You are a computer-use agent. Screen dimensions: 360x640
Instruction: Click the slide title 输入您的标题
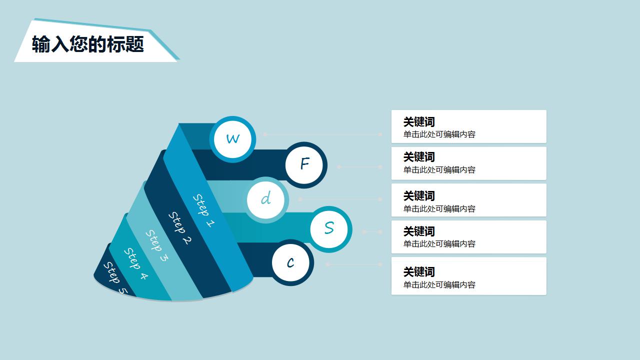tap(88, 44)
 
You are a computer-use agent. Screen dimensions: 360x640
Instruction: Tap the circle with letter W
tap(232, 138)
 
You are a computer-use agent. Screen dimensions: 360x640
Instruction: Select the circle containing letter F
tap(304, 164)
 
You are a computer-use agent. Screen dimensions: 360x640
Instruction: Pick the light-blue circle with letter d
tap(266, 199)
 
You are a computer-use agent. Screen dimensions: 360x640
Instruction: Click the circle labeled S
tap(329, 228)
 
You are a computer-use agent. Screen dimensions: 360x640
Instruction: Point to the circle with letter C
tap(291, 262)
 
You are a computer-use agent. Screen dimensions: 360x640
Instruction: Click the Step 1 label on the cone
tap(204, 210)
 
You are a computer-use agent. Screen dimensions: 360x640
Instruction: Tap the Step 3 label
tap(157, 245)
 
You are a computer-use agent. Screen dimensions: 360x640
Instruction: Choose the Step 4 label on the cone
tap(135, 263)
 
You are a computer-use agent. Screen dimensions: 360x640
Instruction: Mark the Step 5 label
tap(115, 278)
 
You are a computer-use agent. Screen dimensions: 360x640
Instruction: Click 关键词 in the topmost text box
tap(419, 122)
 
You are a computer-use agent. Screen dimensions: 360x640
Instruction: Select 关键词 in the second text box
tap(419, 157)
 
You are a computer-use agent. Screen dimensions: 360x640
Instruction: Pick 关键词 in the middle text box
tap(419, 196)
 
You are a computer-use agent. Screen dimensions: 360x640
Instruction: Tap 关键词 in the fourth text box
tap(419, 231)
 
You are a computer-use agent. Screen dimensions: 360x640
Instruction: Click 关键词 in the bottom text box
tap(419, 272)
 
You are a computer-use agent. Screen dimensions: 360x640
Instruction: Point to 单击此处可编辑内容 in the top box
tap(439, 134)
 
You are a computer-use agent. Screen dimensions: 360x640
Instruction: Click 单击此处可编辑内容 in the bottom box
tap(439, 285)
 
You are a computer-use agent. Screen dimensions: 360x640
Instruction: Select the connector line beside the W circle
tap(322, 134)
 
